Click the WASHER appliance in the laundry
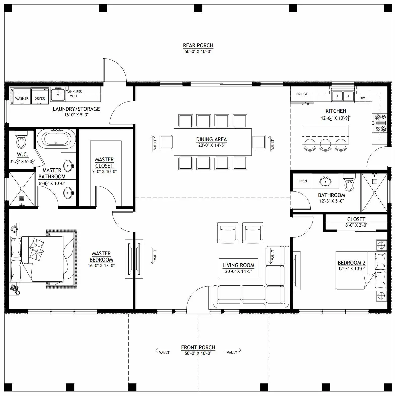point(22,96)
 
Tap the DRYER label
point(40,98)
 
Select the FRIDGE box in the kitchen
point(302,94)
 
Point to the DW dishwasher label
point(362,98)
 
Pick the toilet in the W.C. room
point(21,142)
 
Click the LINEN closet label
point(302,181)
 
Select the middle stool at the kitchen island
point(325,144)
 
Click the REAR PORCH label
point(198,45)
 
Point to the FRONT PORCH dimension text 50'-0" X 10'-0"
point(198,353)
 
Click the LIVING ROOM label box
point(238,268)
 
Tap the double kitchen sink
point(343,96)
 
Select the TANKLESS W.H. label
point(74,94)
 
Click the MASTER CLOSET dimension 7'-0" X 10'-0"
point(104,172)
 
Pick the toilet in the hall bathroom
point(349,185)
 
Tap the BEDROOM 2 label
point(351,263)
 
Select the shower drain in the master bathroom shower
point(22,198)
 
